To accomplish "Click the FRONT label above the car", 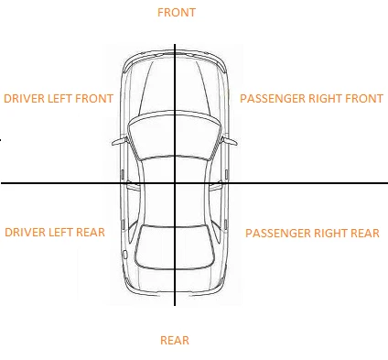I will coord(176,13).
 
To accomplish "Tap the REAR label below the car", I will coord(174,341).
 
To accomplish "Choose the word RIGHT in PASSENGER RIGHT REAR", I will coord(328,234).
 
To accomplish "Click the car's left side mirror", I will coord(118,142).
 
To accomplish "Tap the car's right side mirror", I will coord(231,142).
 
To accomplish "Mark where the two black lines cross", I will coord(174,183).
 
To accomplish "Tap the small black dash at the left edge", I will coord(2,139).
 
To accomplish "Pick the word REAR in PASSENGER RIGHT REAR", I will coord(364,234).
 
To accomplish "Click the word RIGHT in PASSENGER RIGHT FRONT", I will coord(320,98).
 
